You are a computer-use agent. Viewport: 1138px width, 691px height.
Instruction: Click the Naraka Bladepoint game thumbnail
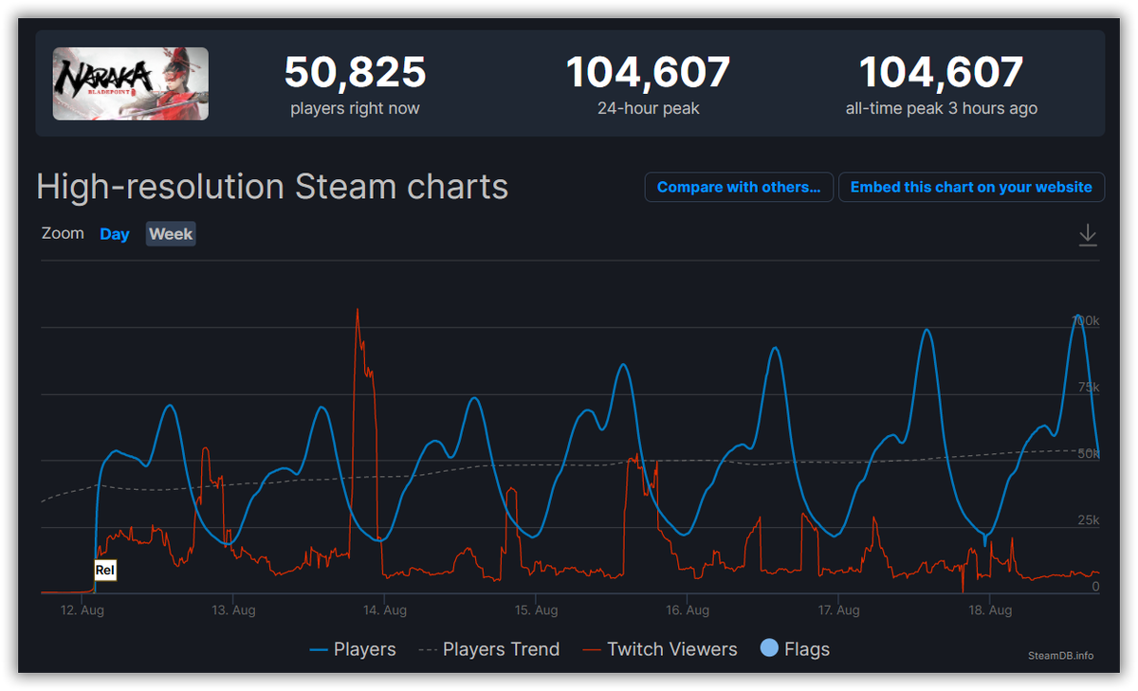click(131, 83)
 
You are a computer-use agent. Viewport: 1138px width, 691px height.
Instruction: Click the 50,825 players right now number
click(355, 73)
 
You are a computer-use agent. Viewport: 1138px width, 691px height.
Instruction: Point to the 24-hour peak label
click(648, 108)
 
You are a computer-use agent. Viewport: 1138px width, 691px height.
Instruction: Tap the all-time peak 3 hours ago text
click(941, 108)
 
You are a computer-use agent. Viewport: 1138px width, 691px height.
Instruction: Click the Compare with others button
click(739, 187)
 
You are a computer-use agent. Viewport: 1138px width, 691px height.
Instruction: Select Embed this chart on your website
click(971, 187)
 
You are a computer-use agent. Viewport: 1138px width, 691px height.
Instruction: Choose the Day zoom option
click(115, 234)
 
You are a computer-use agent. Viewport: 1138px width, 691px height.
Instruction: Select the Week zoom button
click(171, 234)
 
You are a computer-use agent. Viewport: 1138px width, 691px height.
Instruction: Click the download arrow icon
click(1088, 235)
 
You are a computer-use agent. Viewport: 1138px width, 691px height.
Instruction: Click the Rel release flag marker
click(105, 571)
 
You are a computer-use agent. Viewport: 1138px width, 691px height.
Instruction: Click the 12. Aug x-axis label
click(82, 610)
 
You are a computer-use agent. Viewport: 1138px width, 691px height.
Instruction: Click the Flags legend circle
click(770, 648)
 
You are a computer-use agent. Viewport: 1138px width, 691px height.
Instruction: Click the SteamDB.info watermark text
click(1060, 655)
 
